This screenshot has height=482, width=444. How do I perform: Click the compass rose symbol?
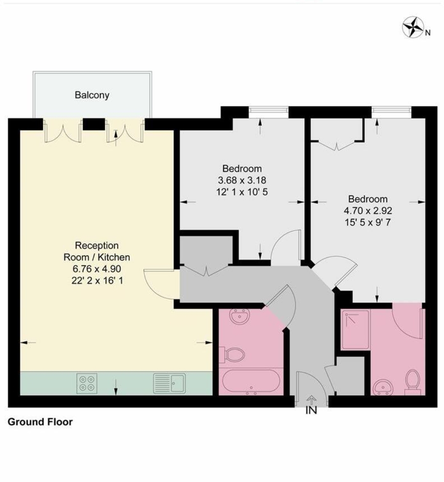pos(413,28)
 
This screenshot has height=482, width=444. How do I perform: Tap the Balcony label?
pos(92,95)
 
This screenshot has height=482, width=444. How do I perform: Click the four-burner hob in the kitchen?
pos(87,383)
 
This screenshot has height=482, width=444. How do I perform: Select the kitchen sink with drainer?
pos(169,383)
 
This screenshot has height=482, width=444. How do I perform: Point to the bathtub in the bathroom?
pos(251,382)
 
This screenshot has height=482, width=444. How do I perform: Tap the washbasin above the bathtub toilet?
pos(240,316)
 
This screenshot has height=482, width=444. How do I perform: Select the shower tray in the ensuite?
pos(355,330)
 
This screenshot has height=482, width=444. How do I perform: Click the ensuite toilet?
pos(413,382)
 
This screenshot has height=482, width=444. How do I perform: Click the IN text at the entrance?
pos(311,410)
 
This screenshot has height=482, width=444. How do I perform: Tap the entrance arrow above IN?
pos(312,400)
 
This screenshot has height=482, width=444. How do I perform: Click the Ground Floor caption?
pos(40,422)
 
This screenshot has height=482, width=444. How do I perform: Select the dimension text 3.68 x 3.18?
pos(242,180)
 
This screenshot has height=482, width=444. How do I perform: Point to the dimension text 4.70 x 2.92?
pos(368,211)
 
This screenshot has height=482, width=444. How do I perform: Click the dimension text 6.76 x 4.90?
pos(97,269)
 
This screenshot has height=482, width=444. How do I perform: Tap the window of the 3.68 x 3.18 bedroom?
pos(268,112)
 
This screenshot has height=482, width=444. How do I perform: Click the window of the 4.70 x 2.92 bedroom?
pos(391,112)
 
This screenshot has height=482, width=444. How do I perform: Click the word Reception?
pos(97,245)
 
